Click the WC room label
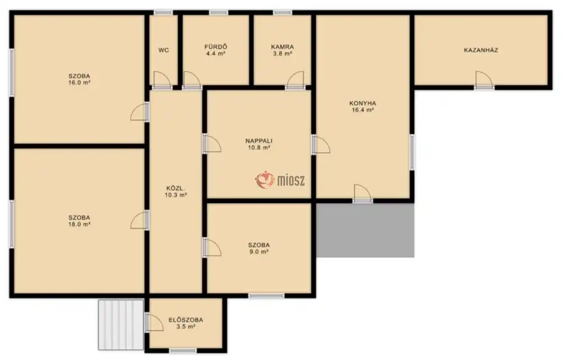click(x=164, y=50)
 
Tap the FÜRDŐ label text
click(x=216, y=47)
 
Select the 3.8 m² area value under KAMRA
click(x=283, y=53)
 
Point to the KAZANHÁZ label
click(x=481, y=50)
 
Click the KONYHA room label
click(x=362, y=103)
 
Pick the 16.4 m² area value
click(x=362, y=110)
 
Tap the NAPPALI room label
click(x=259, y=141)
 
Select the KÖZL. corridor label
click(x=175, y=188)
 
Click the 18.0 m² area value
click(x=79, y=224)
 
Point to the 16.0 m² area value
click(x=79, y=83)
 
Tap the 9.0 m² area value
click(x=259, y=252)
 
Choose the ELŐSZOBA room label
click(x=185, y=320)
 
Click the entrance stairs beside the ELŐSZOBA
click(x=121, y=325)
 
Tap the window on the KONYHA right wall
click(x=412, y=152)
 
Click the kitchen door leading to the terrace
click(x=362, y=194)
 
